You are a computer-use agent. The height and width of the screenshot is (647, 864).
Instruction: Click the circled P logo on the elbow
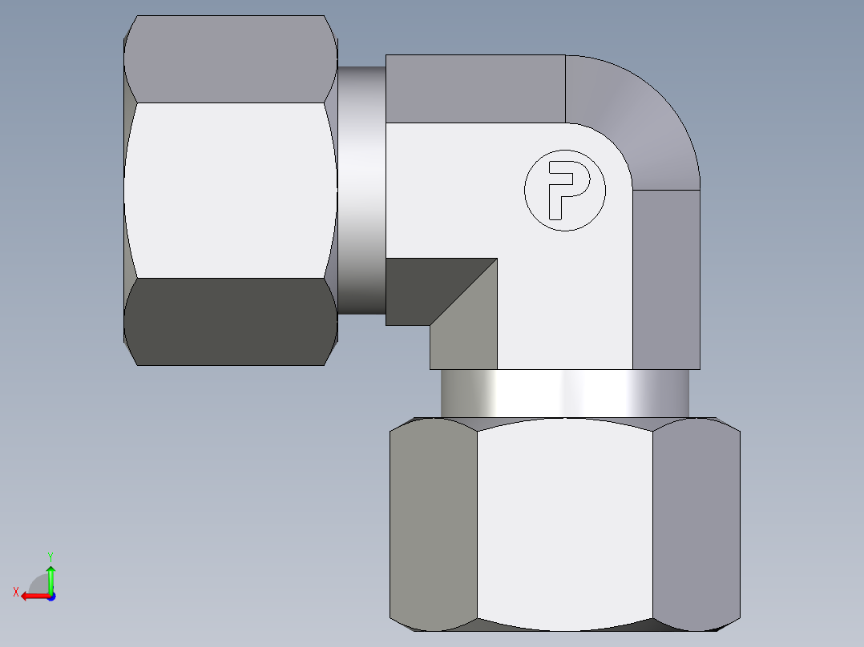[x=565, y=191]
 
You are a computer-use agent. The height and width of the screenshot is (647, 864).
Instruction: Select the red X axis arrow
[x=32, y=596]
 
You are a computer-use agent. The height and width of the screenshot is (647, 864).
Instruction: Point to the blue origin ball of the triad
[x=50, y=596]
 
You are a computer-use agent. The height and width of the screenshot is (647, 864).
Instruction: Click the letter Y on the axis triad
[x=50, y=556]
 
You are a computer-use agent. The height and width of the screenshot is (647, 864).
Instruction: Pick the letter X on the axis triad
[x=16, y=592]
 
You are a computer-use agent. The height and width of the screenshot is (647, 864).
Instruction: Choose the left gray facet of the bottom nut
[x=433, y=524]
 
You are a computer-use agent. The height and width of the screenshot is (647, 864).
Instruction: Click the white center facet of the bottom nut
[x=565, y=524]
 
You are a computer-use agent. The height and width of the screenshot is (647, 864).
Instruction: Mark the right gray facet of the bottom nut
[x=695, y=524]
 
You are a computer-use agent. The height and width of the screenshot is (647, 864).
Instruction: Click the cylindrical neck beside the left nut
[x=361, y=191]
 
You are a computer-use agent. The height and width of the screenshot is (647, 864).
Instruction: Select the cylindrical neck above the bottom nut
[x=565, y=393]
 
